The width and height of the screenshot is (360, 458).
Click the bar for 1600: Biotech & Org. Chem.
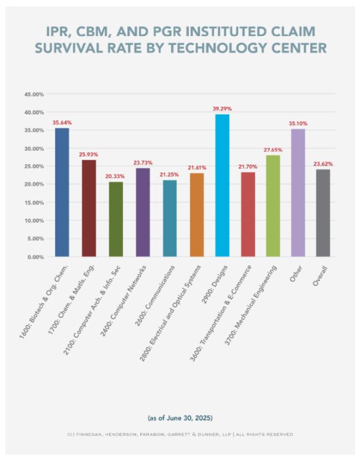pos(62,192)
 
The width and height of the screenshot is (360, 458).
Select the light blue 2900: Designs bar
pos(222,185)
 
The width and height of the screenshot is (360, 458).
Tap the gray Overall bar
pos(323,213)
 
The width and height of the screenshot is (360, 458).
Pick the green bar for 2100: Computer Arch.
pos(116,219)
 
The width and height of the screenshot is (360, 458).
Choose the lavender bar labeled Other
pos(298,192)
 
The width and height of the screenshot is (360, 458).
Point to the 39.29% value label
pos(222,109)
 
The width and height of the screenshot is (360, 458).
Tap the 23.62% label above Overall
pos(323,164)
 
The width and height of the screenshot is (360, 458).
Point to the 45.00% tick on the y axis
pos(34,95)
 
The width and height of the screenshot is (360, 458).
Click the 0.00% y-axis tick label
pos(35,257)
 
